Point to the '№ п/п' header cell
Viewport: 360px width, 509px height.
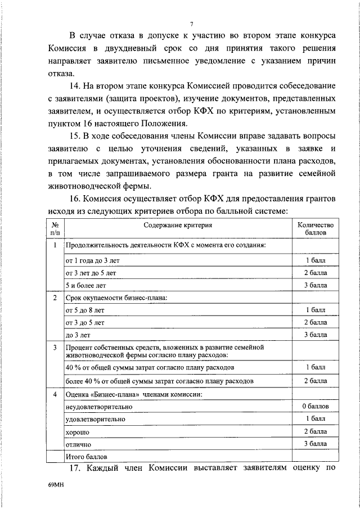tap(55, 228)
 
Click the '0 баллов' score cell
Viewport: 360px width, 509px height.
tap(315, 406)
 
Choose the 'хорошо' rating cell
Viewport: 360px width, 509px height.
tap(78, 432)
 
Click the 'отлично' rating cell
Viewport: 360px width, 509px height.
tap(78, 444)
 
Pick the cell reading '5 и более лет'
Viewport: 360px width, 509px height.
tap(86, 285)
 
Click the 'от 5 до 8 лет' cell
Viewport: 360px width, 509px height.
tap(85, 310)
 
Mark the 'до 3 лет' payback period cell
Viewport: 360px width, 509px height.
tap(78, 335)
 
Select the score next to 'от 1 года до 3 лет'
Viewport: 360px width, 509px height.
tap(315, 260)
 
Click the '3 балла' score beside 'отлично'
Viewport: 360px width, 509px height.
tap(315, 444)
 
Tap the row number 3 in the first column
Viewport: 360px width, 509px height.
tap(55, 348)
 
